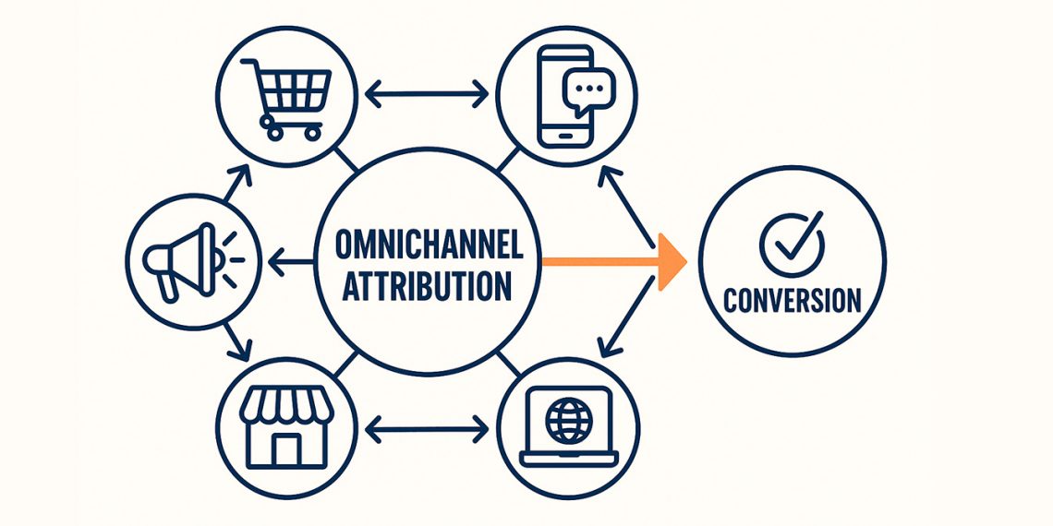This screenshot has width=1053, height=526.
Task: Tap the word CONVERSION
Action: coord(792,300)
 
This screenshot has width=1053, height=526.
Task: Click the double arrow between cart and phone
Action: coord(427,92)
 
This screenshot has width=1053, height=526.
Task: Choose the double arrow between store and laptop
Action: coord(427,428)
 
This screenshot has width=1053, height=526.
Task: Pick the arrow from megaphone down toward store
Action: coord(236,341)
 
